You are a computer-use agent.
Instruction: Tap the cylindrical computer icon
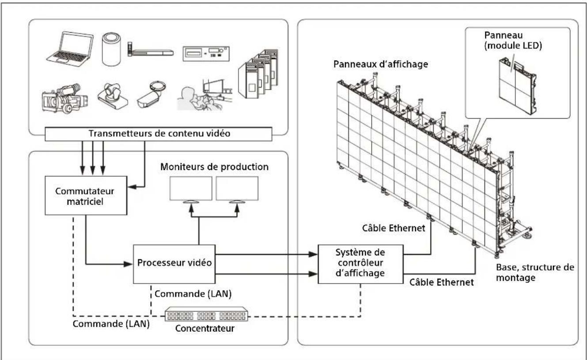[111, 49]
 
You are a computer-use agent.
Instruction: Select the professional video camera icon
[64, 99]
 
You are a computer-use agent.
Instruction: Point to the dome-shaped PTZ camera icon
[113, 96]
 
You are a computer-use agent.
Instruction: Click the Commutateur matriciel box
[86, 196]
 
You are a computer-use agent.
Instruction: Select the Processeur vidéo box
[174, 264]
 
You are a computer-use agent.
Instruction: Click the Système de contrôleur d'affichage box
[360, 264]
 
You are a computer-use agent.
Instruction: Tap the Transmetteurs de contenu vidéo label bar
[159, 134]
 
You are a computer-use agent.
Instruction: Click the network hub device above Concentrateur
[206, 314]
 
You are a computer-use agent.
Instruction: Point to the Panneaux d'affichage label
[380, 64]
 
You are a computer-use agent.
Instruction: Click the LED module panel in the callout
[517, 86]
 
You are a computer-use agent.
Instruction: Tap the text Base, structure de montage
[535, 273]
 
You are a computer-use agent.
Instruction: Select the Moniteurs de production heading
[214, 167]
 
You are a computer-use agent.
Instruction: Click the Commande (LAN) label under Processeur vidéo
[193, 294]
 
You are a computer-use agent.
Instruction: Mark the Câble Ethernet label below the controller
[442, 282]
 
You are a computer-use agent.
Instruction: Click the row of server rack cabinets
[258, 74]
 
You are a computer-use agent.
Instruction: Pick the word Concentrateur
[205, 329]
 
